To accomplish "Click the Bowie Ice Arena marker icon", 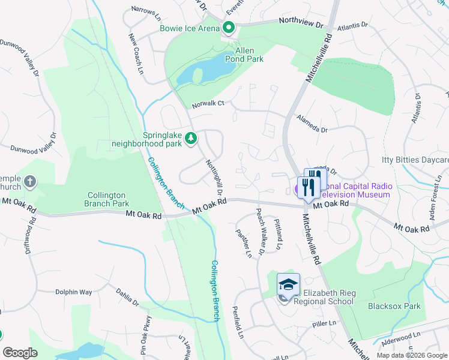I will tap(228, 27).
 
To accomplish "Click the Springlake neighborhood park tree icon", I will tap(191, 139).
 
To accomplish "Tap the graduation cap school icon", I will tap(288, 284).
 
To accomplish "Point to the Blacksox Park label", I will tap(394, 306).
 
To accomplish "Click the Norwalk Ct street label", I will tap(208, 104).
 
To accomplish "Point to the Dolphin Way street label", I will tap(74, 292).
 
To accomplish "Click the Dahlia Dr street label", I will tap(127, 298).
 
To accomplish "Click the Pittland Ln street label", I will tap(278, 234).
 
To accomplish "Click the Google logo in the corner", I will tap(20, 353).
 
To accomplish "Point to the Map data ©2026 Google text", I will tap(411, 355).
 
